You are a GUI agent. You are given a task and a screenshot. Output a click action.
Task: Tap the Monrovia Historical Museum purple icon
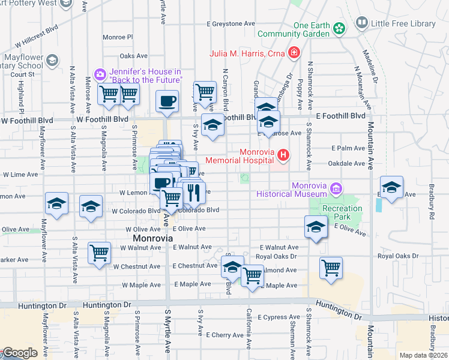click(336, 189)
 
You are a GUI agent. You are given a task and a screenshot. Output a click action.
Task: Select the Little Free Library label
click(403, 23)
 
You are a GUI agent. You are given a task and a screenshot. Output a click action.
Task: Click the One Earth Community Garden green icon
click(339, 28)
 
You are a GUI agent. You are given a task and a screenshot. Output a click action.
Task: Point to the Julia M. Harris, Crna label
click(247, 53)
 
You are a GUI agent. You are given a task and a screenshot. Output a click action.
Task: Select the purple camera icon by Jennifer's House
click(100, 75)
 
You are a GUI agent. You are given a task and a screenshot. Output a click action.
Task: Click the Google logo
click(19, 353)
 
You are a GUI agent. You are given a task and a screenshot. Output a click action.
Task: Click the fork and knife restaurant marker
click(193, 192)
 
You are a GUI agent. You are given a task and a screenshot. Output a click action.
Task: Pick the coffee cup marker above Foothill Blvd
click(167, 101)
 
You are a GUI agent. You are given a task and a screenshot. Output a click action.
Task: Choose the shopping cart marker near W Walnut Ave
click(99, 252)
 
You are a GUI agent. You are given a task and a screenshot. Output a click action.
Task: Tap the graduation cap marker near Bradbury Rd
click(391, 187)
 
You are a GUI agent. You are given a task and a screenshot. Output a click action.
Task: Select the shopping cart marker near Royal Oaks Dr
click(331, 267)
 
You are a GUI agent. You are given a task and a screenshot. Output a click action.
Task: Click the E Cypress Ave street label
click(278, 317)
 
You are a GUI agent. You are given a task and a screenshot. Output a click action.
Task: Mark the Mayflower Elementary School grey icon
click(52, 60)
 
